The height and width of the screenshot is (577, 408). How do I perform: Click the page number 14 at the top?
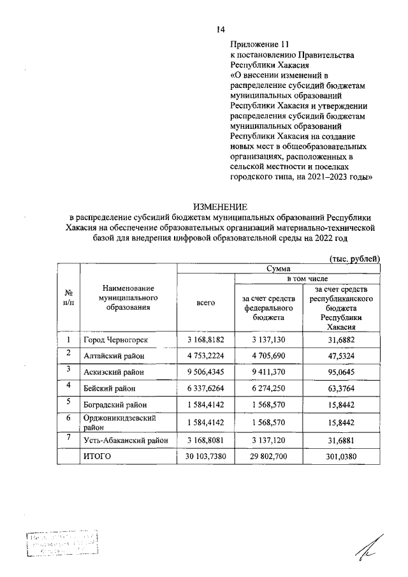click(x=221, y=29)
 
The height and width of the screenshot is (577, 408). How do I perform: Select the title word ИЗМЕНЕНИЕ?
click(x=220, y=206)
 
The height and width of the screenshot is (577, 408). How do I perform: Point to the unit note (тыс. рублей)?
click(x=354, y=258)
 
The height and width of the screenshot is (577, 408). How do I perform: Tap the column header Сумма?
click(x=278, y=269)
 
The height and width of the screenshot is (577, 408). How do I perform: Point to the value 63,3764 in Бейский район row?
click(x=345, y=388)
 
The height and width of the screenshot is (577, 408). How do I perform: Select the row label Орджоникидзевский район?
click(x=121, y=421)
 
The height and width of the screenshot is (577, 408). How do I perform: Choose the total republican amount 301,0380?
click(x=345, y=456)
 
